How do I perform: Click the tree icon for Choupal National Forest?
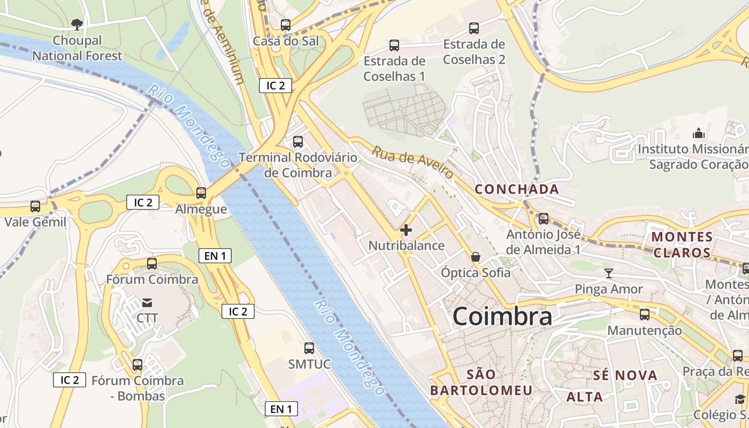pos(77,24)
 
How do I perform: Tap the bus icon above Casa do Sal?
pos(286,25)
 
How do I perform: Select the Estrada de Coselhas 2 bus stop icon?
pos(474,28)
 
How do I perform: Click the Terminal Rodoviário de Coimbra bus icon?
pos(298,142)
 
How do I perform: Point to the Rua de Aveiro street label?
pos(413,163)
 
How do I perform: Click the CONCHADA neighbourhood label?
pos(517,189)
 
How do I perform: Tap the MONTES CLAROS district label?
pos(682,244)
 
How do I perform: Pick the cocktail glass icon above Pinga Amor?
pos(609,274)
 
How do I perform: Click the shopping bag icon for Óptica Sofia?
pos(476,257)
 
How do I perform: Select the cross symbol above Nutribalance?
pos(406,230)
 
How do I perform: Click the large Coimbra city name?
pos(502,316)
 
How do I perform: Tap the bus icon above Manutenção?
pos(645,314)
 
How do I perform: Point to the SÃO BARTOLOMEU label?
pos(481,382)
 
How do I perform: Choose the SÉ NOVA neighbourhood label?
pos(625,376)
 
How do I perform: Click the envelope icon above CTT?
pos(147,303)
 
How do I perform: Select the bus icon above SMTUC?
pos(309,348)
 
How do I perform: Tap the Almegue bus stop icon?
pos(201,193)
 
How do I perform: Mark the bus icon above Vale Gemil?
pos(35,206)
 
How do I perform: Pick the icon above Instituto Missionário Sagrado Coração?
pos(699,133)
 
